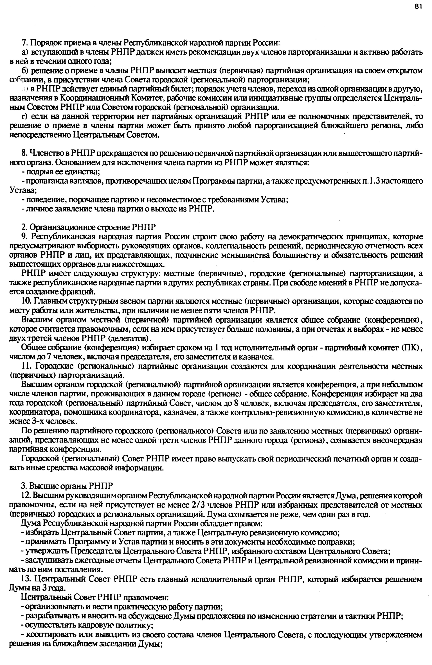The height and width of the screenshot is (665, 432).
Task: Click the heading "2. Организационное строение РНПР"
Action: tap(89, 227)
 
